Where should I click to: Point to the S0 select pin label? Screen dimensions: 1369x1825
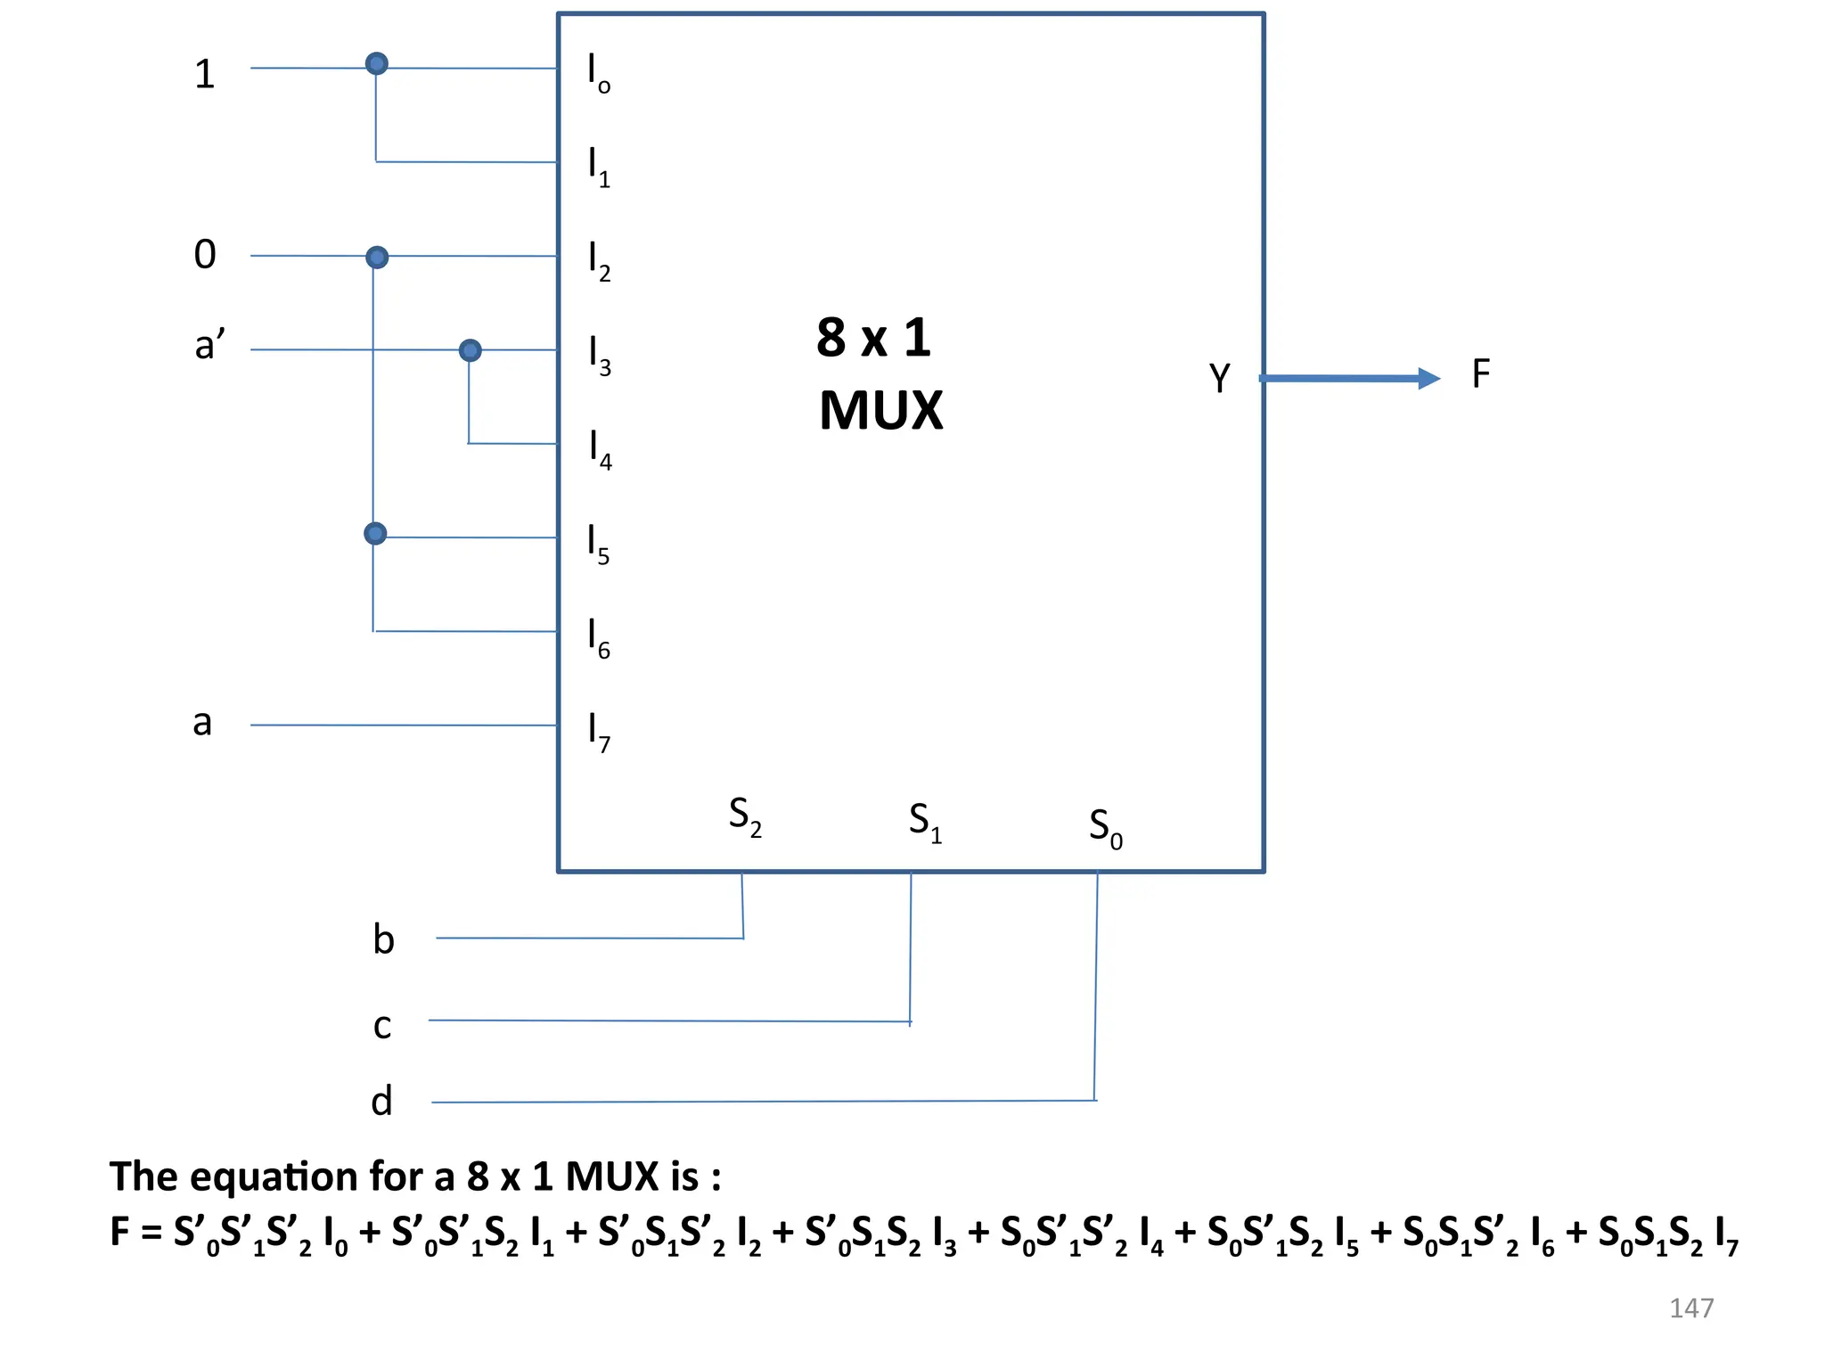point(1105,829)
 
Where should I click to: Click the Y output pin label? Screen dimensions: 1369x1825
point(1219,378)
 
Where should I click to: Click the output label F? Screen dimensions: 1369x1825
point(1480,374)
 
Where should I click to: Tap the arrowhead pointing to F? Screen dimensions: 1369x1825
point(1428,379)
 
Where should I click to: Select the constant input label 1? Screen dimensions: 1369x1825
point(205,74)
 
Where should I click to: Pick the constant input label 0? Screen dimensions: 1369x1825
point(205,255)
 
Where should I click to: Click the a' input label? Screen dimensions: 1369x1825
point(209,344)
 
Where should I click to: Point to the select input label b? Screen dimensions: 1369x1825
point(383,939)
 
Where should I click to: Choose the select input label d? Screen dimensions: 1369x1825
point(381,1102)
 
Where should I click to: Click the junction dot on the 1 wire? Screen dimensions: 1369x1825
point(377,63)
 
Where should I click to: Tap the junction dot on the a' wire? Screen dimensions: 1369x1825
point(470,350)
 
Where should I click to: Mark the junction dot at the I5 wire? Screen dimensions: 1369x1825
point(375,533)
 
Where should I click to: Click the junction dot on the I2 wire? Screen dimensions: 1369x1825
point(377,258)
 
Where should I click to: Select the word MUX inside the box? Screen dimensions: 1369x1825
point(880,411)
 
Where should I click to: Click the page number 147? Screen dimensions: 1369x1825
point(1690,1308)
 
